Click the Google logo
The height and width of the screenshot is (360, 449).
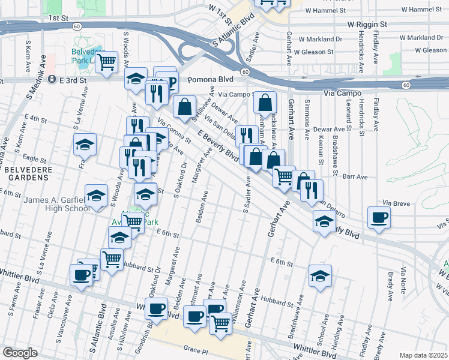tap(20, 353)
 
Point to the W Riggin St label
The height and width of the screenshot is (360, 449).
tap(368, 25)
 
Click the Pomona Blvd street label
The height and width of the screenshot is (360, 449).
tap(209, 79)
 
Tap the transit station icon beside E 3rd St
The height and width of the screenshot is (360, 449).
tap(52, 79)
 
